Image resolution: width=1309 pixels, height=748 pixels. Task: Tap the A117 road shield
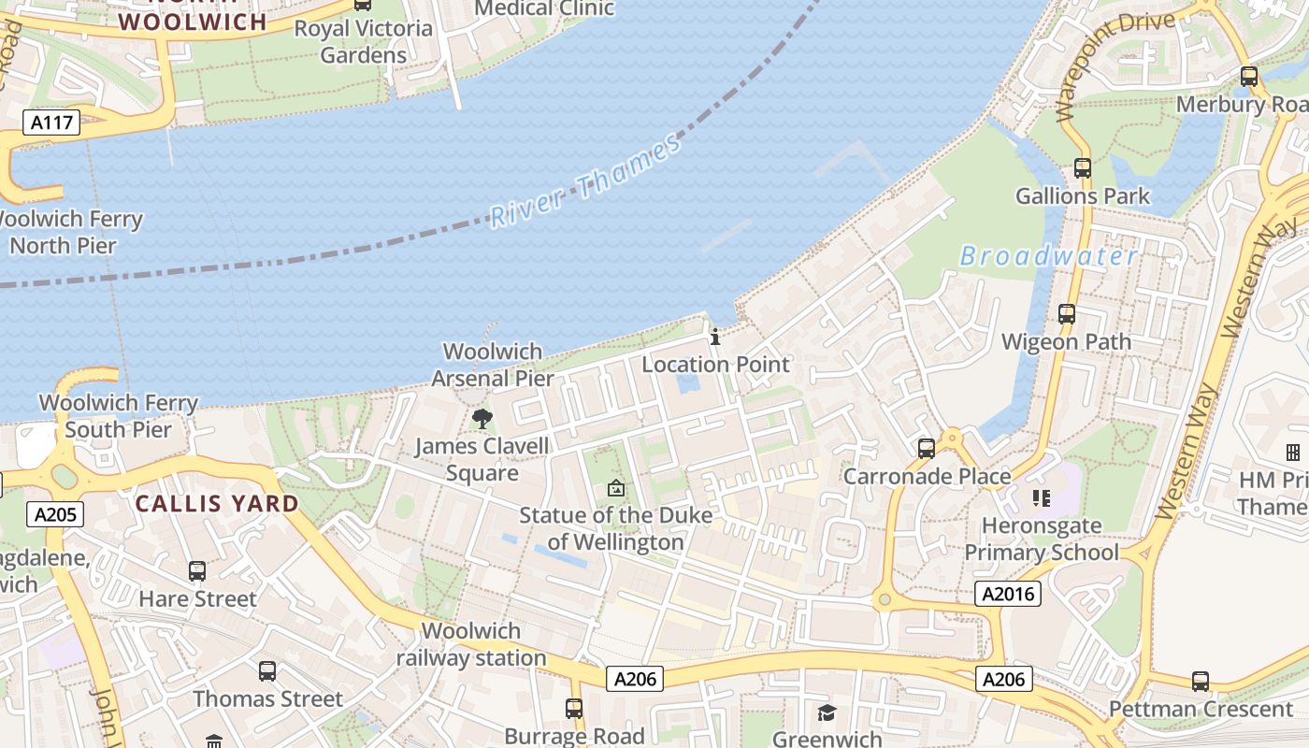point(52,122)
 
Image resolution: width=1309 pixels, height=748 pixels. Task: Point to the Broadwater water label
point(1048,256)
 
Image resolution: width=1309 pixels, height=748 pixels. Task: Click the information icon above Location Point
point(715,337)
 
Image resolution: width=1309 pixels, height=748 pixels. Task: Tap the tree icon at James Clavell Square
point(482,418)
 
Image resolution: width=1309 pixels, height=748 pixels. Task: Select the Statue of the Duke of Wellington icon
point(615,487)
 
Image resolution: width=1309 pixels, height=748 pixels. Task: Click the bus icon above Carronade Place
point(926,449)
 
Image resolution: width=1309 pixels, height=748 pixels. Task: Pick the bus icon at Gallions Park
point(1082,168)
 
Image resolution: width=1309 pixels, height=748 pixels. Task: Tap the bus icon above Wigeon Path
point(1066,314)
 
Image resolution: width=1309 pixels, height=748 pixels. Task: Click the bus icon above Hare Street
point(197,570)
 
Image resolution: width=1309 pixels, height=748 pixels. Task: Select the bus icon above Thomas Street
point(267,670)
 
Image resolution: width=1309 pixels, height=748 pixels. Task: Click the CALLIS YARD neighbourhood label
point(217,504)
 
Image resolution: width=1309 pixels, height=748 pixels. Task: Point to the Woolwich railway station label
point(471,644)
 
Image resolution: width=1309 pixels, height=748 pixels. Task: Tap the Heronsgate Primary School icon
point(1042,497)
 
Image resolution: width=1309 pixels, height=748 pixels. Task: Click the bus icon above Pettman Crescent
point(1201,681)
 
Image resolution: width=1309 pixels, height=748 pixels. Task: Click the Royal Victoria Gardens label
point(363,41)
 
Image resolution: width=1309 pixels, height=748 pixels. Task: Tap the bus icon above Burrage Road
point(574,709)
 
